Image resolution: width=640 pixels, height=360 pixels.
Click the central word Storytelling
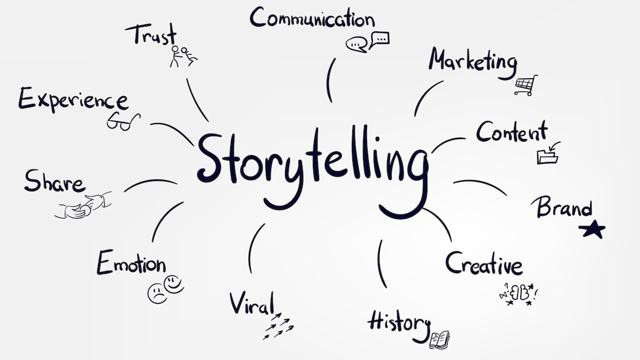coord(312,160)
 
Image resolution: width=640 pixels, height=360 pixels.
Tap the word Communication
coord(312,18)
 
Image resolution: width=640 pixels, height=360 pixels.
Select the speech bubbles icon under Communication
coord(367,41)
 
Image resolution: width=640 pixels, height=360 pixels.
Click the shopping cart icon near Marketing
coord(526,85)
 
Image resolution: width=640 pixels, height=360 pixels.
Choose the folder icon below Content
coord(547,154)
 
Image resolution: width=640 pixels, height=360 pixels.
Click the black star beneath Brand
coord(592,229)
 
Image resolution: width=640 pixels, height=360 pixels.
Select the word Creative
coord(483,263)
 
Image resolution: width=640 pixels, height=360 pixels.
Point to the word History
coord(398,322)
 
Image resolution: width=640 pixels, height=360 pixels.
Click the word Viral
coord(252,302)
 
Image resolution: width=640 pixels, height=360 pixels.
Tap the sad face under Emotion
coord(157,293)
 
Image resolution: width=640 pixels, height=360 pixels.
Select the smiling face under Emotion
coord(174,284)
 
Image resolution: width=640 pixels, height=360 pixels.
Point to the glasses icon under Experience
coord(122,121)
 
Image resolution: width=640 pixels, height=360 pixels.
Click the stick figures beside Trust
coord(182,56)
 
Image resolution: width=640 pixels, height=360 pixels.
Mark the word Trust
coord(151,35)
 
